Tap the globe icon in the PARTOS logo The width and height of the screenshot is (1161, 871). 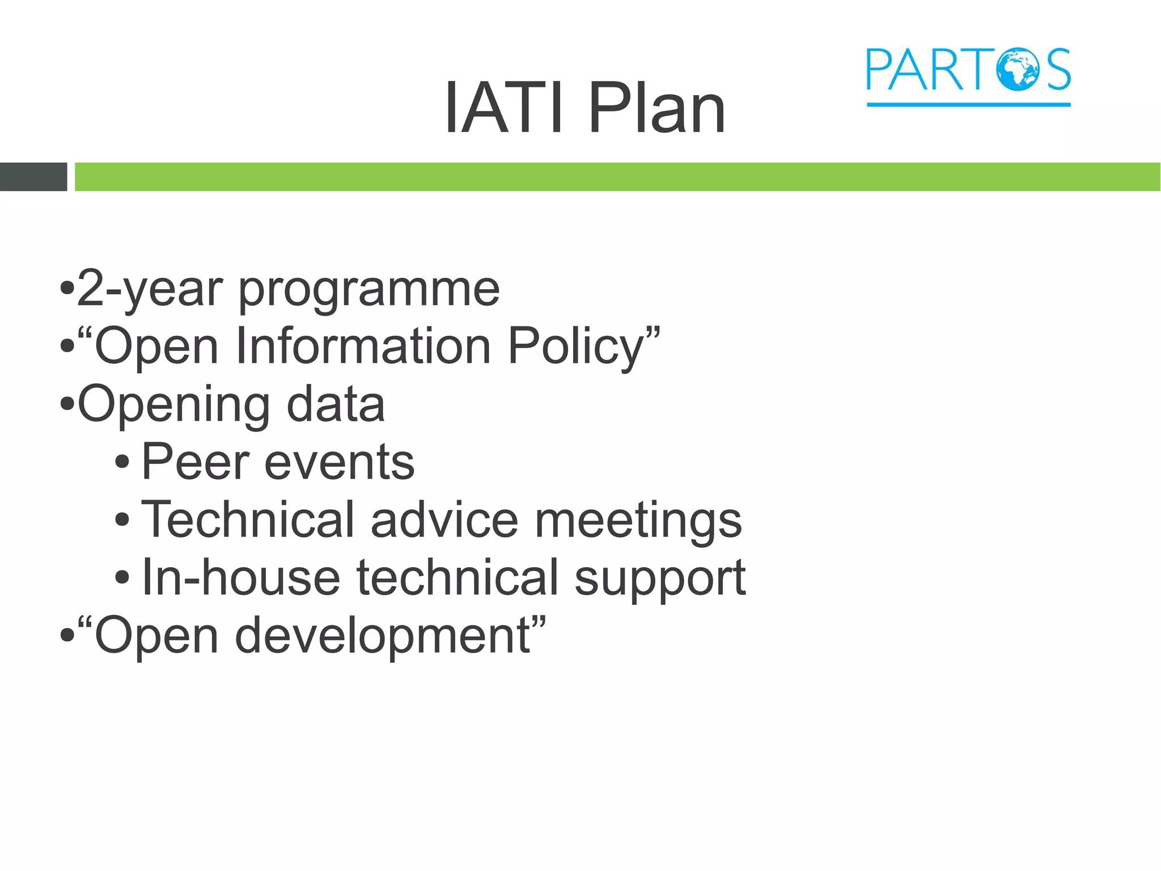[1019, 69]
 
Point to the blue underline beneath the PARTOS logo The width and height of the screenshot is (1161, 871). [968, 104]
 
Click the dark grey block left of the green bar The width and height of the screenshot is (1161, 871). [33, 176]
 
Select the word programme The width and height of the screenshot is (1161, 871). [368, 291]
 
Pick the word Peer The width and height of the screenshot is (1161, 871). [195, 462]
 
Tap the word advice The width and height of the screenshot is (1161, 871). [444, 520]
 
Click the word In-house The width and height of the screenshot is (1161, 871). [241, 578]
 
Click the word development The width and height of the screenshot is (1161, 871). [383, 636]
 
